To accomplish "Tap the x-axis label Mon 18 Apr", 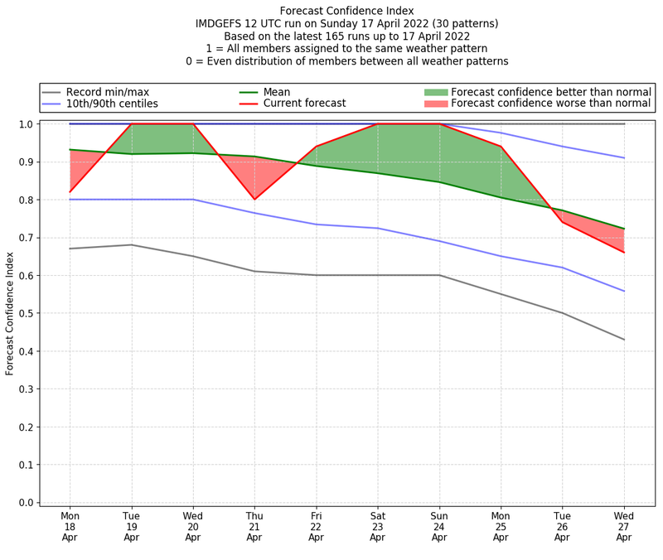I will (x=70, y=526).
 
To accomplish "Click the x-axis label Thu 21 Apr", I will (x=254, y=526).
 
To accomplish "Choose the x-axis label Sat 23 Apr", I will (x=377, y=526).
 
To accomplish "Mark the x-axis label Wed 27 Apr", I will (x=623, y=526).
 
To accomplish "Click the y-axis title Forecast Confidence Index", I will (x=10, y=313).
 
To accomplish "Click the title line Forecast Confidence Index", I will (x=346, y=11).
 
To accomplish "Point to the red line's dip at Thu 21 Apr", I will (x=254, y=199).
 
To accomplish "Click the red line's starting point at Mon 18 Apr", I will (x=70, y=192).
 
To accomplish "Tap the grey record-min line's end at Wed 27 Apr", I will (x=623, y=340).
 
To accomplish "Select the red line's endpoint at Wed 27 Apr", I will (x=623, y=253).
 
